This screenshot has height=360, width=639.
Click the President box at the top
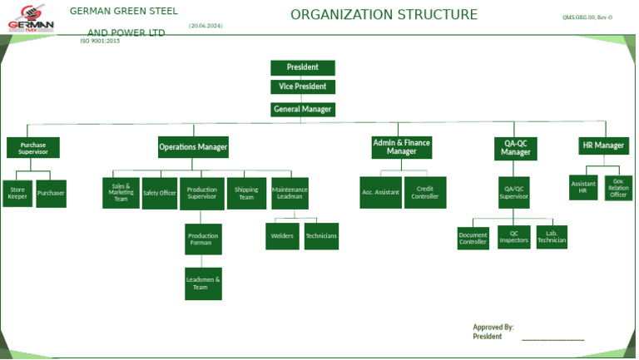[x=303, y=67]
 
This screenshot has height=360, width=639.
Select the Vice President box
[x=303, y=86]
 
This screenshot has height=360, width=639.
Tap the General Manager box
[x=303, y=109]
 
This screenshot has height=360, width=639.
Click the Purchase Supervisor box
[x=33, y=148]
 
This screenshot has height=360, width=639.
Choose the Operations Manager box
[x=193, y=147]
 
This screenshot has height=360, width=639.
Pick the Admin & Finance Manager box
[x=401, y=147]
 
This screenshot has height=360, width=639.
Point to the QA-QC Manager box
[x=515, y=148]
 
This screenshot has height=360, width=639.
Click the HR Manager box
[x=603, y=145]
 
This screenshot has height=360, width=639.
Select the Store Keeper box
[x=17, y=193]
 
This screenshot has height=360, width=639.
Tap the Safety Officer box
[x=159, y=193]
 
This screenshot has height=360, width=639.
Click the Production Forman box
[x=203, y=239]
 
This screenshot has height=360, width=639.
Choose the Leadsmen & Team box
[x=203, y=284]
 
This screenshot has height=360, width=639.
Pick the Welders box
[x=282, y=236]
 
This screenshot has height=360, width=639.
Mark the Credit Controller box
[x=425, y=193]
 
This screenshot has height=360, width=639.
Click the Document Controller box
[x=473, y=239]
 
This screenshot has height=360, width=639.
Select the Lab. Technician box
[x=552, y=237]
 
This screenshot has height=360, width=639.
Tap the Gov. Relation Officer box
[x=618, y=188]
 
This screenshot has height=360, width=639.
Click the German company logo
[x=31, y=18]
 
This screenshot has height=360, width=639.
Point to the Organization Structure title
[x=384, y=15]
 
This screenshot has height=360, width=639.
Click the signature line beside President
[x=552, y=338]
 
